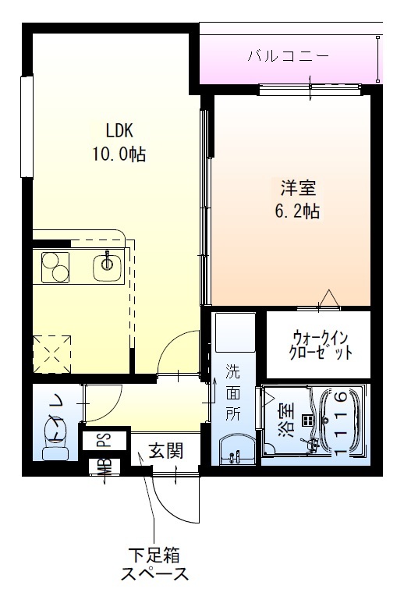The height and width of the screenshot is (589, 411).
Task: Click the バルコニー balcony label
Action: (x=289, y=56)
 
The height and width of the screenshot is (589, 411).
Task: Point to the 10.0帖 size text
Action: (x=119, y=154)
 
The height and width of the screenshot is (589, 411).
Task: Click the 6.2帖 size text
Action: (x=297, y=210)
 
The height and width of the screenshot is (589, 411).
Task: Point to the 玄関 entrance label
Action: (x=165, y=450)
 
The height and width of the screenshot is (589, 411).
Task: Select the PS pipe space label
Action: (x=103, y=439)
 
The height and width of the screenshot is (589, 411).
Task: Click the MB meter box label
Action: (x=103, y=468)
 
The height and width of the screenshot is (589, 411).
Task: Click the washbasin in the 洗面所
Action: (x=235, y=452)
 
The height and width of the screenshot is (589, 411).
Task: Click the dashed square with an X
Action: (x=53, y=353)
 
